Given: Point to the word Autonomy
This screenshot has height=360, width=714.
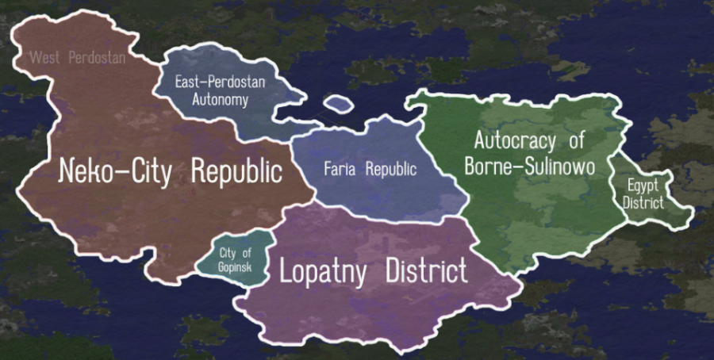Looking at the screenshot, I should (221, 101).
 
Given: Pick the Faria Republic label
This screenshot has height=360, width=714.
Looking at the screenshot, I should (370, 169).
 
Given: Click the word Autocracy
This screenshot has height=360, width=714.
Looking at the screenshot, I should (516, 141).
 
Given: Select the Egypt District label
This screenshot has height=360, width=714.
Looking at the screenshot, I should (643, 194).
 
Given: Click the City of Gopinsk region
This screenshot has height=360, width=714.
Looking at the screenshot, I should (234, 259).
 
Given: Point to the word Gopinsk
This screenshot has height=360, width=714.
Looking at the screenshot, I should (234, 267).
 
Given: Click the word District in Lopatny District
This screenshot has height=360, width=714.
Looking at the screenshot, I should (426, 272).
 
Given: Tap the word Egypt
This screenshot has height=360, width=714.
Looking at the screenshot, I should (643, 187).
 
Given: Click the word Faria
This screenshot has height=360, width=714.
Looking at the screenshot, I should (339, 169).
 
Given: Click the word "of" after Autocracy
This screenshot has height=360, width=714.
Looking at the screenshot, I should (576, 141).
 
